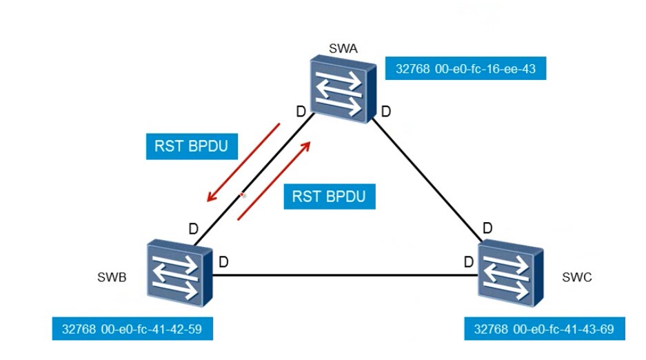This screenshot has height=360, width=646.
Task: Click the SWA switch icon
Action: [343, 90]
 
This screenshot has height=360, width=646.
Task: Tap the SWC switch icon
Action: [511, 274]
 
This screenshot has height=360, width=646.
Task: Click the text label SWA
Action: [343, 48]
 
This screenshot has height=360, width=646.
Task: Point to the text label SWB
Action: [112, 277]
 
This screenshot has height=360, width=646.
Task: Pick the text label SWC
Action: [577, 277]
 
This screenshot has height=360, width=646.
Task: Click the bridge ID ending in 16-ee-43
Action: [465, 68]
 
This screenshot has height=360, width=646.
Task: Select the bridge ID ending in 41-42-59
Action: [132, 329]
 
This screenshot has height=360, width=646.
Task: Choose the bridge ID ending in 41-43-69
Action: [545, 329]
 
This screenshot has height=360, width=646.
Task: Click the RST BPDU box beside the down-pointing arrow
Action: [192, 146]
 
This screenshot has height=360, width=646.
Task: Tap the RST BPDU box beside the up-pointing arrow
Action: [330, 197]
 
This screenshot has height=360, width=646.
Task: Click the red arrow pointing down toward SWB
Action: [243, 162]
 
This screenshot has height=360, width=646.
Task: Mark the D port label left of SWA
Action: [301, 111]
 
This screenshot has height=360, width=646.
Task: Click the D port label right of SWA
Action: [386, 111]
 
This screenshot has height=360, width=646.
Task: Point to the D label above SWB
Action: [193, 228]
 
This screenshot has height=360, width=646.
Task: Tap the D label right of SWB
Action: [223, 261]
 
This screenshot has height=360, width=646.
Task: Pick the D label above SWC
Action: [487, 228]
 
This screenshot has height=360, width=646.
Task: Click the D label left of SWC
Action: [469, 261]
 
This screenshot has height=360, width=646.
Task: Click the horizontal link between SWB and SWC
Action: [345, 275]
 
